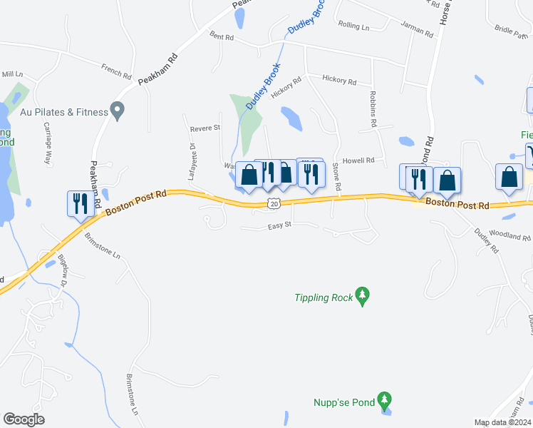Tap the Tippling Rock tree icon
(x=363, y=296)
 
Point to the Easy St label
(x=280, y=226)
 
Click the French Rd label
(x=116, y=71)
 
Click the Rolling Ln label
(x=353, y=27)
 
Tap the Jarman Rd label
(x=417, y=31)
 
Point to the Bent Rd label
(x=222, y=36)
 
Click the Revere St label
(x=205, y=128)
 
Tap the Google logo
(x=24, y=419)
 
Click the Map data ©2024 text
(x=502, y=422)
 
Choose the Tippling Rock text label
(x=324, y=297)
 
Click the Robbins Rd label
(x=373, y=109)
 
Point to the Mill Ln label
(x=12, y=74)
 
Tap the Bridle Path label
(x=509, y=31)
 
